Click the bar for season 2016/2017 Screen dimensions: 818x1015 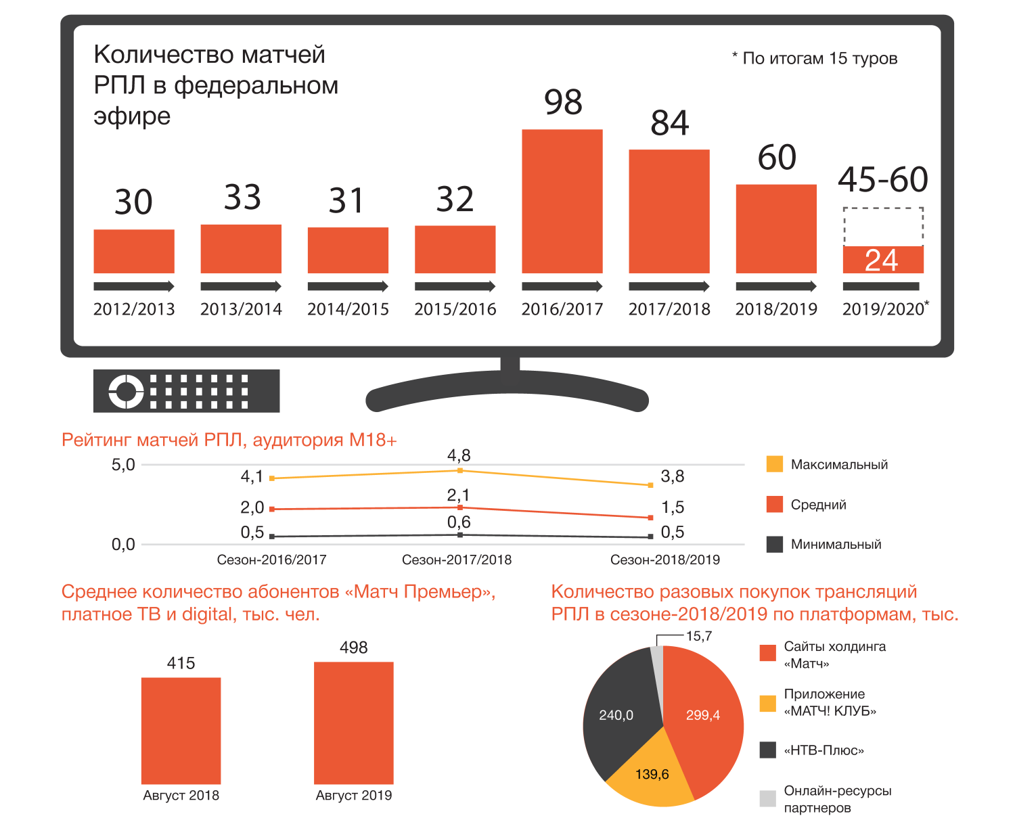pyautogui.click(x=562, y=201)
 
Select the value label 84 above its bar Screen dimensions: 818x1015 pyautogui.click(x=670, y=123)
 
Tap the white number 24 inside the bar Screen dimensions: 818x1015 pyautogui.click(x=882, y=260)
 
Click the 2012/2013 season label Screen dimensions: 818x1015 pyautogui.click(x=134, y=309)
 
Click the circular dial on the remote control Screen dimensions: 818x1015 pyautogui.click(x=126, y=391)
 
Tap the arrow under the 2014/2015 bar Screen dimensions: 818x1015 pyautogui.click(x=348, y=286)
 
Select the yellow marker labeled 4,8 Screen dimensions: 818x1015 pyautogui.click(x=460, y=470)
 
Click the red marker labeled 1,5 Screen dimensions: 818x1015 pyautogui.click(x=650, y=518)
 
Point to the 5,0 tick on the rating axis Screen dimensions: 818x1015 pyautogui.click(x=123, y=465)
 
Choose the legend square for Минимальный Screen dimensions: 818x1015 pyautogui.click(x=775, y=544)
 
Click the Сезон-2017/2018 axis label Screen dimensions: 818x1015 pyautogui.click(x=457, y=560)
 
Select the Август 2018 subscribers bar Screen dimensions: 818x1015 pyautogui.click(x=181, y=731)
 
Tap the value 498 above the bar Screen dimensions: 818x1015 pyautogui.click(x=353, y=648)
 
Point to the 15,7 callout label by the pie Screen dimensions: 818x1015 pyautogui.click(x=699, y=637)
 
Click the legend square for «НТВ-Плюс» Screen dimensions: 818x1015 pyautogui.click(x=768, y=750)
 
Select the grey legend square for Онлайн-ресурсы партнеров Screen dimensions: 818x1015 pyautogui.click(x=768, y=798)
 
